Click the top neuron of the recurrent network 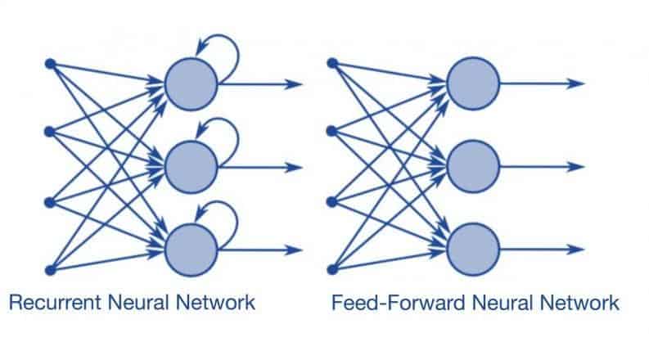pos(191,83)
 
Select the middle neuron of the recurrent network pos(191,167)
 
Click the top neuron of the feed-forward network pos(473,83)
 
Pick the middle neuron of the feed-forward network pos(473,167)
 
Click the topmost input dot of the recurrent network pos(49,63)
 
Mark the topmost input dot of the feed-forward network pos(331,63)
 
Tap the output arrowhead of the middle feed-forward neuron pos(579,167)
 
